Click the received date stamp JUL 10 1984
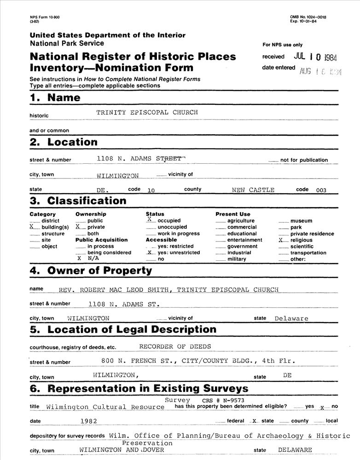(x=315, y=57)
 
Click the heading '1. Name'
(x=55, y=98)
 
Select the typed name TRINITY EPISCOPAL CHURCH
(x=147, y=112)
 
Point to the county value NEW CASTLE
(x=253, y=190)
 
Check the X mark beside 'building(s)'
(x=32, y=227)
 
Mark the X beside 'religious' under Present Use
(x=280, y=240)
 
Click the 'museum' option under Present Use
(x=301, y=221)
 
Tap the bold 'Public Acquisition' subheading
(x=101, y=240)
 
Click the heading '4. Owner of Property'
(x=91, y=270)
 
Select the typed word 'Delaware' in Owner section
(x=291, y=318)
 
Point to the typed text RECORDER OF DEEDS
(x=174, y=347)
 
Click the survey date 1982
(x=88, y=420)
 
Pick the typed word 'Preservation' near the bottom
(x=147, y=443)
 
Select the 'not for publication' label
(x=304, y=160)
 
